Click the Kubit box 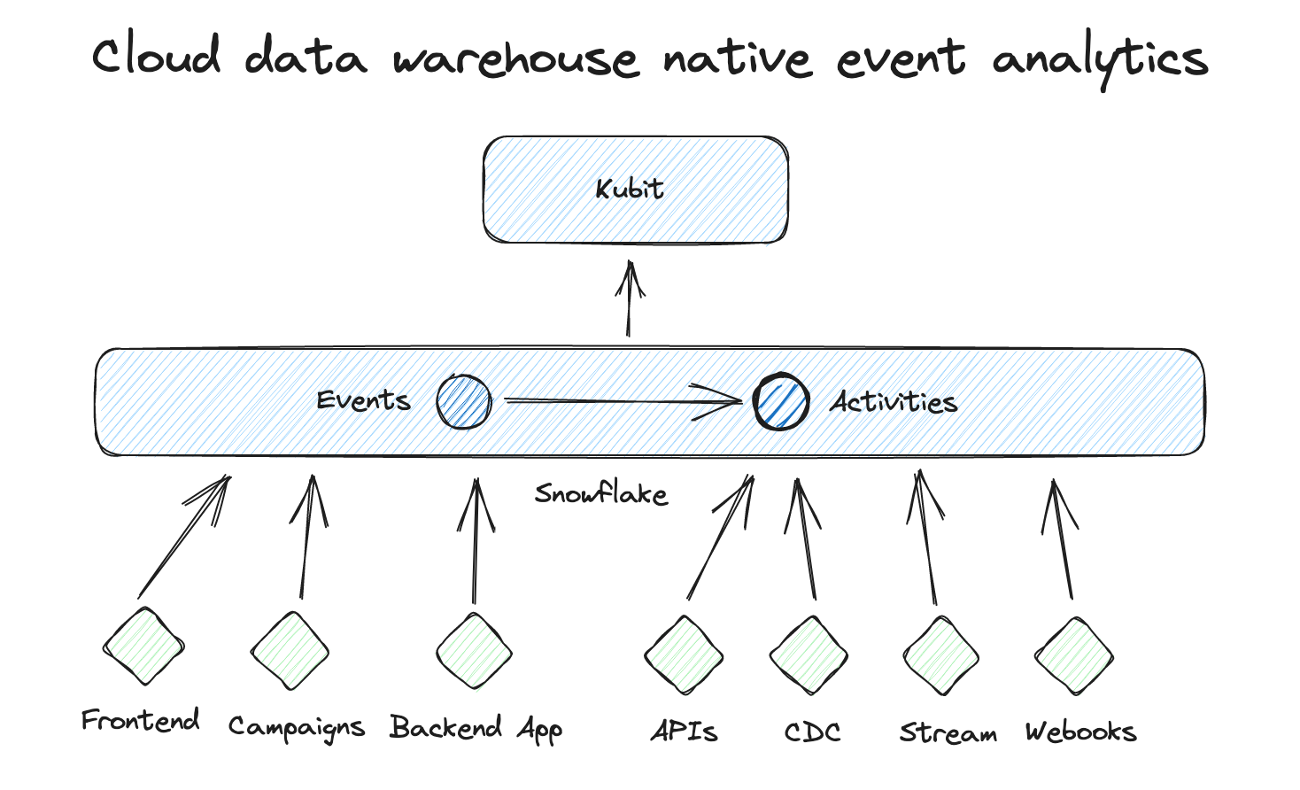pyautogui.click(x=635, y=190)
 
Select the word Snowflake pyautogui.click(x=601, y=493)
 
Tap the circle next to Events pyautogui.click(x=463, y=402)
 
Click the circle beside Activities pyautogui.click(x=780, y=402)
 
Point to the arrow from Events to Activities pyautogui.click(x=620, y=401)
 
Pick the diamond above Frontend pyautogui.click(x=143, y=647)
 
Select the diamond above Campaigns pyautogui.click(x=290, y=652)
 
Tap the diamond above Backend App pyautogui.click(x=474, y=652)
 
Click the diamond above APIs pyautogui.click(x=684, y=656)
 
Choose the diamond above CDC pyautogui.click(x=809, y=656)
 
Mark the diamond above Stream pyautogui.click(x=940, y=656)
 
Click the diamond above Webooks pyautogui.click(x=1073, y=656)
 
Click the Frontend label pyautogui.click(x=140, y=721)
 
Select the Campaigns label pyautogui.click(x=296, y=727)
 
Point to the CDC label pyautogui.click(x=812, y=732)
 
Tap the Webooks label pyautogui.click(x=1080, y=732)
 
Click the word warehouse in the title pyautogui.click(x=515, y=58)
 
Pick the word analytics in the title pyautogui.click(x=1100, y=60)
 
